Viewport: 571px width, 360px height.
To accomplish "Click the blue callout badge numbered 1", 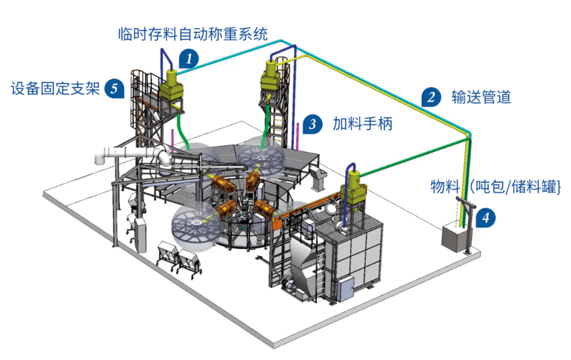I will [188, 58].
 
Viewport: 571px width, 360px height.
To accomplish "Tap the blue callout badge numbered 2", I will [431, 97].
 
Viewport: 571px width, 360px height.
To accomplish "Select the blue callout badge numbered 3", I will [312, 124].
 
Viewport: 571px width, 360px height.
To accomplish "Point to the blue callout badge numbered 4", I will [485, 217].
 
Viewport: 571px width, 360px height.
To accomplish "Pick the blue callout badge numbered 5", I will [115, 88].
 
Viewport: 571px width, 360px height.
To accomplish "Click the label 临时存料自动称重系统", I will [192, 34].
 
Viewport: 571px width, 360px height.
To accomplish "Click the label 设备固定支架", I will [56, 88].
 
